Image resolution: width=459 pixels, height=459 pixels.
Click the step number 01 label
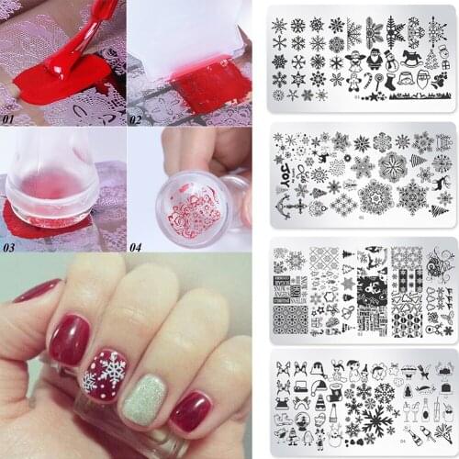[11, 118]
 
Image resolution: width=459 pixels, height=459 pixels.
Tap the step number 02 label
[137, 118]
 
